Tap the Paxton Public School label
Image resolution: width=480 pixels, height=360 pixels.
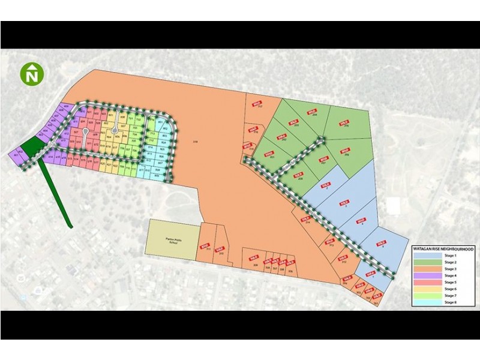(x=173, y=239)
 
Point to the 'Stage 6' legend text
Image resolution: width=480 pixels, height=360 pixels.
(x=449, y=289)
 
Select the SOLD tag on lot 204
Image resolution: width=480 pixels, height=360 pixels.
(x=312, y=112)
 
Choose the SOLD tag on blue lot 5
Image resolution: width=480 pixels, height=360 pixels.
(x=382, y=242)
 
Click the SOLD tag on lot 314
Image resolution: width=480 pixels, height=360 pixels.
(x=305, y=219)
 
